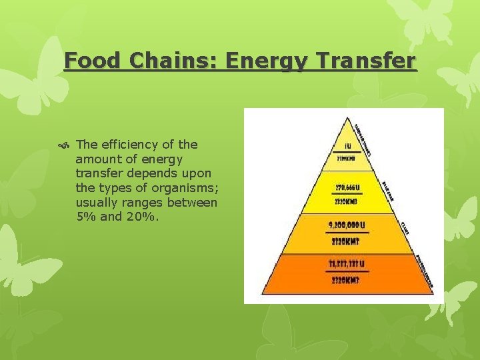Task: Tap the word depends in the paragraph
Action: [x=145, y=174]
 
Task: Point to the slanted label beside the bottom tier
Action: [x=425, y=270]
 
